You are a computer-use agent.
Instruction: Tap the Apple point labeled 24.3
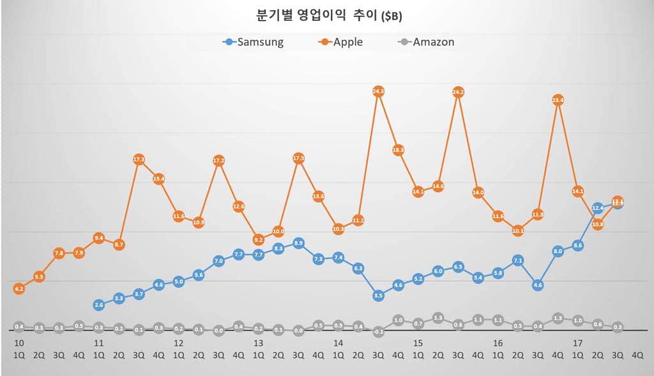(378, 91)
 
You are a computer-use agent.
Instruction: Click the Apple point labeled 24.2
(458, 92)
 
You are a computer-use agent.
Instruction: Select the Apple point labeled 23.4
(558, 100)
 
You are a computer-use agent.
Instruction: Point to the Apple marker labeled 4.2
(19, 289)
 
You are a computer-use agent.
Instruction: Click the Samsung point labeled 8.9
(298, 243)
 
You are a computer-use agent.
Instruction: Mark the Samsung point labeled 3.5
(378, 296)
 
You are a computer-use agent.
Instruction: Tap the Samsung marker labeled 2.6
(99, 305)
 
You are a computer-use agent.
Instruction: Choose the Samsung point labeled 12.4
(598, 207)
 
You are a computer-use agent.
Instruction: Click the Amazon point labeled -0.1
(378, 331)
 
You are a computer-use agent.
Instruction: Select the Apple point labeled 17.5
(298, 158)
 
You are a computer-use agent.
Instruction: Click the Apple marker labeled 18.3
(398, 150)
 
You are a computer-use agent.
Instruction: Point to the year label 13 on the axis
(258, 343)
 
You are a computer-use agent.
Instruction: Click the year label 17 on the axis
(577, 343)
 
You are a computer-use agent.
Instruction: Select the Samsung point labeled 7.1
(518, 260)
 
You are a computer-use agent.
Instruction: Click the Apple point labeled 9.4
(99, 237)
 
